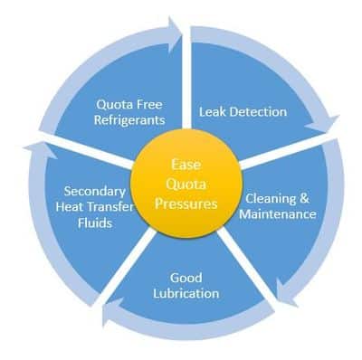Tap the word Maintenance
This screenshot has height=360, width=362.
(277, 215)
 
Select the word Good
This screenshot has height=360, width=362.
(185, 276)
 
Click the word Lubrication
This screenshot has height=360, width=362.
(185, 293)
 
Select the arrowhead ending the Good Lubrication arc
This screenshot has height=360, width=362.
(111, 315)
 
